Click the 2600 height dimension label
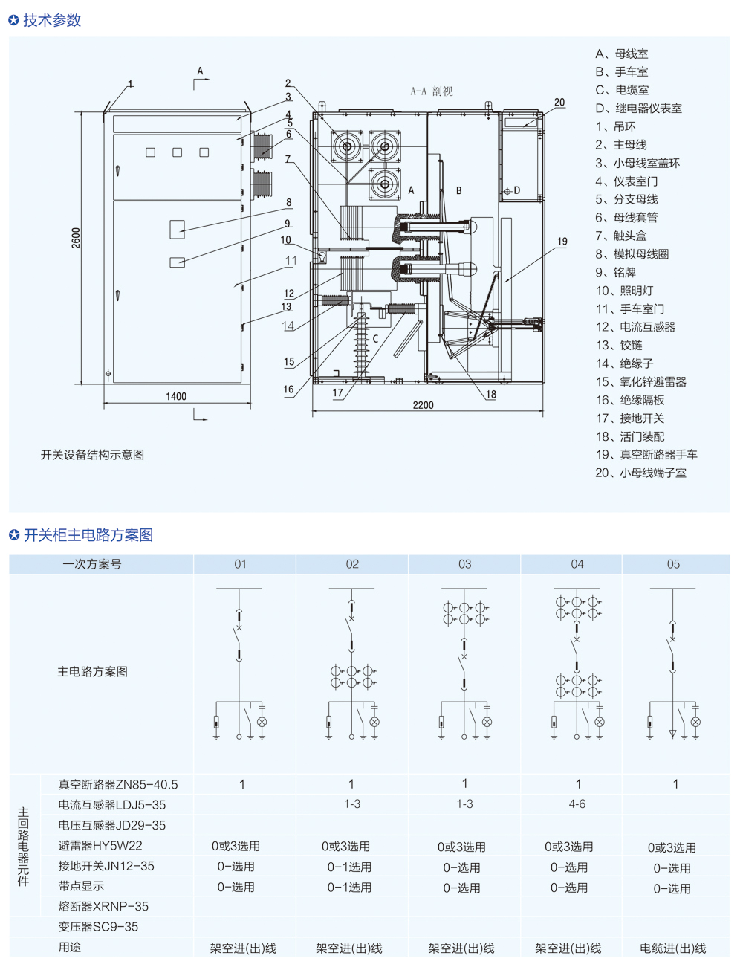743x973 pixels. click(76, 238)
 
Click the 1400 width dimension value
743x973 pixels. click(176, 396)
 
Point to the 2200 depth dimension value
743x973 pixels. click(423, 405)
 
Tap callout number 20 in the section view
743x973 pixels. click(559, 103)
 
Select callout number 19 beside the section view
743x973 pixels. click(562, 242)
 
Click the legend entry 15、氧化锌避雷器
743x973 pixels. click(640, 382)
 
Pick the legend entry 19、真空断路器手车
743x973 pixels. click(646, 455)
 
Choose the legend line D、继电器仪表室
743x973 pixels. click(638, 109)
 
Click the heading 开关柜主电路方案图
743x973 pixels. click(88, 535)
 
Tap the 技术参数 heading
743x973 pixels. click(52, 20)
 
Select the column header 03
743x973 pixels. click(464, 564)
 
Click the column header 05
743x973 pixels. click(673, 564)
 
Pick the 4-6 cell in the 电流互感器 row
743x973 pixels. click(577, 804)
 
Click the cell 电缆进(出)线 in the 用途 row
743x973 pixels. click(673, 948)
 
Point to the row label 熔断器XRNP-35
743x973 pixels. click(103, 907)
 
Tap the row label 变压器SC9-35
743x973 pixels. click(98, 927)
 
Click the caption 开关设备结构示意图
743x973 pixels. click(92, 455)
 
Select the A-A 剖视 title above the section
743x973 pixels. click(431, 91)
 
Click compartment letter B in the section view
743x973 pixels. click(458, 191)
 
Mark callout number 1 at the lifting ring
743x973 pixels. click(131, 84)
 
